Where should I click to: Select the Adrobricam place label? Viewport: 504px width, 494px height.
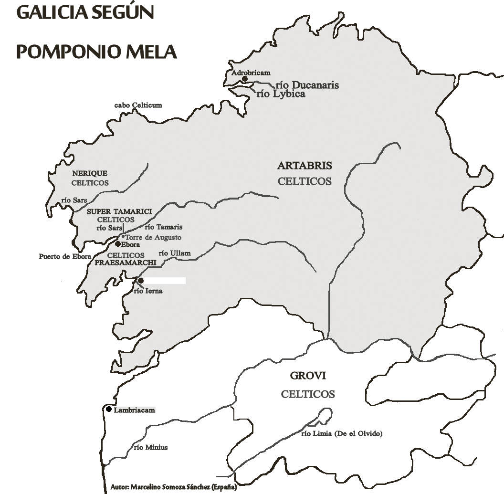251,73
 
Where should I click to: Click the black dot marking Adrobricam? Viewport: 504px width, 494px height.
245,79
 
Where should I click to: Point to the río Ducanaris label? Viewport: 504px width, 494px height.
308,85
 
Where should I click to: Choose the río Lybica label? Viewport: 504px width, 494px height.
281,94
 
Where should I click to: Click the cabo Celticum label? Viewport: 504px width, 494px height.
138,105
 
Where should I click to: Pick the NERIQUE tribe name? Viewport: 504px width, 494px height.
90,173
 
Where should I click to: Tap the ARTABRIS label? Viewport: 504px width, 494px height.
304,166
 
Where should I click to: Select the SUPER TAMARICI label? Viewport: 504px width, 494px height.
119,211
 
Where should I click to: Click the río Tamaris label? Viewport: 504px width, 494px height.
164,227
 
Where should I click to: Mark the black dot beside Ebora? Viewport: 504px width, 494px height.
118,243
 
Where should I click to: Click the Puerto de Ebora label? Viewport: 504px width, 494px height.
65,256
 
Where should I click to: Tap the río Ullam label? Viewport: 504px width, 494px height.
174,253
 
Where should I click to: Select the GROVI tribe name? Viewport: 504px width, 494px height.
308,376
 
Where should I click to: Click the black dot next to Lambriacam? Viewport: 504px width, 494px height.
109,409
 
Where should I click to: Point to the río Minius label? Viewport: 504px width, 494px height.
151,447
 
